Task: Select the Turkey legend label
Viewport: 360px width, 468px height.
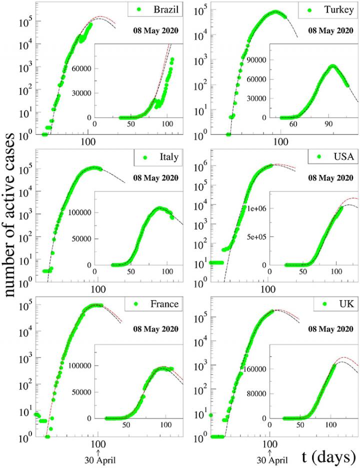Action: (x=336, y=10)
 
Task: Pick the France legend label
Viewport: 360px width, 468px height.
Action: (x=162, y=304)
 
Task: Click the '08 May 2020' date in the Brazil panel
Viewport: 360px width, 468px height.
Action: (x=156, y=30)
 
